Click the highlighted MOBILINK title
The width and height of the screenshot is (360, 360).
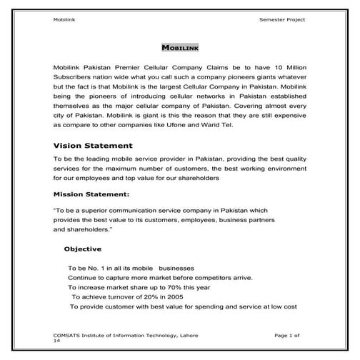[x=180, y=49]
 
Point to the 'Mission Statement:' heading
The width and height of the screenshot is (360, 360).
[x=91, y=194]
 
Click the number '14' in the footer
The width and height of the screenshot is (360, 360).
[x=56, y=341]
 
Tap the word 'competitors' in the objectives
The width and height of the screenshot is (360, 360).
[x=206, y=276]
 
